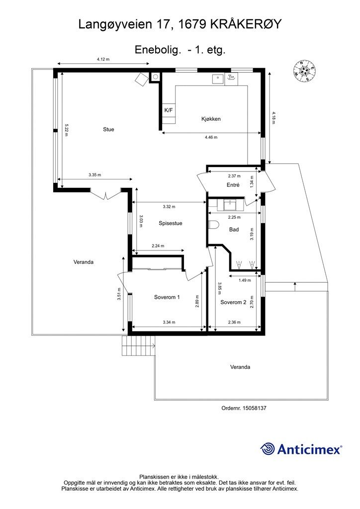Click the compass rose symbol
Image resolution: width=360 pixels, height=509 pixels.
tap(304, 71)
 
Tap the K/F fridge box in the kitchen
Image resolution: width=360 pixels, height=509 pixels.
tap(169, 110)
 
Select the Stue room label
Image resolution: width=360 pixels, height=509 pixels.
tap(108, 129)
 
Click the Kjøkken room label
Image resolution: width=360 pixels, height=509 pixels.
tap(211, 119)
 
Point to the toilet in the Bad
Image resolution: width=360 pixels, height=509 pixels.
tap(214, 225)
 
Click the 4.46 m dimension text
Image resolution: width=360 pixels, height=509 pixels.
tap(211, 137)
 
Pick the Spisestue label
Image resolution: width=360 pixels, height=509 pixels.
tap(171, 223)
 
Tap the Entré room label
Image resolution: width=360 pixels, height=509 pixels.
tap(233, 185)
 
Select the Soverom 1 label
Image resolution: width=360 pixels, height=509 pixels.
tap(167, 297)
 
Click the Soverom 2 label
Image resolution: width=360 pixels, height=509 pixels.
tap(233, 302)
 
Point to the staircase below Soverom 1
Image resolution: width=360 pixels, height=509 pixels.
tap(139, 346)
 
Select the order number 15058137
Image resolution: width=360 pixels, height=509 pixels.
tap(255, 408)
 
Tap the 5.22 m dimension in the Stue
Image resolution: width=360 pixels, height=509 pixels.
tap(66, 130)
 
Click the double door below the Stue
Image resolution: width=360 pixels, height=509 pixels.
tap(106, 195)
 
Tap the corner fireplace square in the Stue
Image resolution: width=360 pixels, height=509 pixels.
tap(142, 79)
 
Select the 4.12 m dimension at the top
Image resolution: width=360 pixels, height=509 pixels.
tap(103, 59)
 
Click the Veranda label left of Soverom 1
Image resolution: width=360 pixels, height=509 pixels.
tap(84, 262)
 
